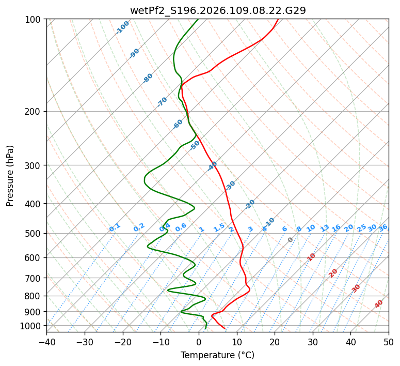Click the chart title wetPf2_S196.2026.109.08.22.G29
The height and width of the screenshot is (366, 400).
click(x=217, y=10)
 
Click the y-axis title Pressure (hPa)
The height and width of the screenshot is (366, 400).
click(x=10, y=176)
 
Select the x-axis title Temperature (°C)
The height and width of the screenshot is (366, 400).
click(x=217, y=355)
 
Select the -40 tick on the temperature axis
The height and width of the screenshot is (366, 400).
click(x=46, y=342)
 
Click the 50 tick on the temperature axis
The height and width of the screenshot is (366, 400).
click(x=389, y=342)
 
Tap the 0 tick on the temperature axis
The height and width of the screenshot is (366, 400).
click(x=199, y=342)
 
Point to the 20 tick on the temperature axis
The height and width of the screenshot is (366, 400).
click(x=275, y=342)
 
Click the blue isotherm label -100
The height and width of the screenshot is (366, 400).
click(x=122, y=27)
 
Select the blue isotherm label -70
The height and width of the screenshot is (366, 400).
click(x=162, y=102)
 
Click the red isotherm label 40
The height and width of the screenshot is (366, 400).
click(x=379, y=304)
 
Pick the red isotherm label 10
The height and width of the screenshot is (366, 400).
click(x=311, y=257)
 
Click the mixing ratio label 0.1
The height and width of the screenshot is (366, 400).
click(x=115, y=227)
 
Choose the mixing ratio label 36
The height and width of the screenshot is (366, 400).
click(x=383, y=227)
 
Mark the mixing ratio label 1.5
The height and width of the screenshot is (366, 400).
click(x=219, y=227)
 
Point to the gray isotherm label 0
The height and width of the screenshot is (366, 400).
click(x=291, y=240)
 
